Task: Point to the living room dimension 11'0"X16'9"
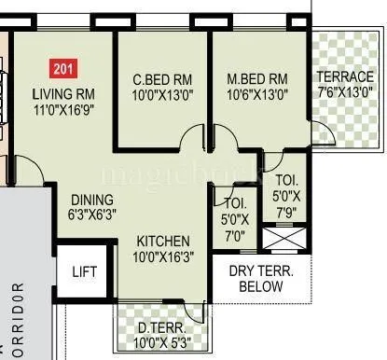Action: point(64,109)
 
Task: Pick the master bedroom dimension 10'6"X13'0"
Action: point(256,93)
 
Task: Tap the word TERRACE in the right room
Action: point(345,76)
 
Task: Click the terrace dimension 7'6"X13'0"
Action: point(345,92)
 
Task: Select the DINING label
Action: point(90,200)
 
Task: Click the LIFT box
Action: point(85,271)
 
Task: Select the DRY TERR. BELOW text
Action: point(260,279)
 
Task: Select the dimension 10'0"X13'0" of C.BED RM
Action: point(160,93)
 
